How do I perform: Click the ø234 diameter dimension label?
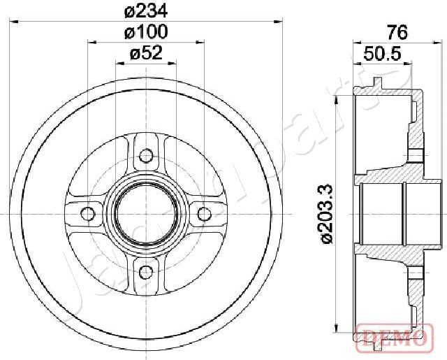(x=146, y=12)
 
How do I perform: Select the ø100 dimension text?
(x=146, y=32)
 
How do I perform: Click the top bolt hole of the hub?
(x=146, y=156)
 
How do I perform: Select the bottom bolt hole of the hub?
(x=146, y=271)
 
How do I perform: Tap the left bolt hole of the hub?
(x=88, y=213)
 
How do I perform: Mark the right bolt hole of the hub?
(x=204, y=213)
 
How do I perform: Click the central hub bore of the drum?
(x=146, y=213)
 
